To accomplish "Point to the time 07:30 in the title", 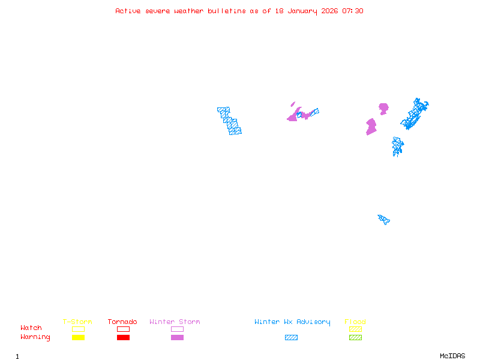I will (353, 11).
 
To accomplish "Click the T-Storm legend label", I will (77, 322).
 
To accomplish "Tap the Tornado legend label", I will (122, 322).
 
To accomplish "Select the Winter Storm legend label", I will (175, 322).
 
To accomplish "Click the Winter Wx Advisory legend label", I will (292, 322).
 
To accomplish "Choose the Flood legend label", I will (355, 322).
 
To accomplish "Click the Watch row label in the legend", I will (31, 328).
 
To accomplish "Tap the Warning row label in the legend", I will (35, 337).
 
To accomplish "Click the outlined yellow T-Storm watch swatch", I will (78, 329).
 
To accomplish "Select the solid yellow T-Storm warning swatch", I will (78, 338).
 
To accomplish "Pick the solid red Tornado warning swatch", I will (123, 338).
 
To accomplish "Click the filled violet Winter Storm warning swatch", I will (177, 338).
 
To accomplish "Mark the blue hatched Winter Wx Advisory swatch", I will (291, 338).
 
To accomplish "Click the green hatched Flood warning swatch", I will (355, 338).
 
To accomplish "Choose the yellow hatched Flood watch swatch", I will (355, 329).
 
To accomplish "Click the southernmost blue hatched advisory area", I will (384, 220).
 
